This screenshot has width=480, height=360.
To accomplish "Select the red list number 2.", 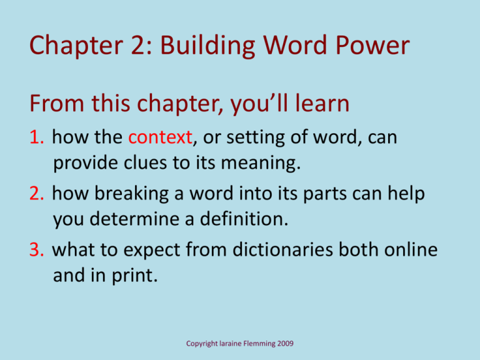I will click(37, 195).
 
